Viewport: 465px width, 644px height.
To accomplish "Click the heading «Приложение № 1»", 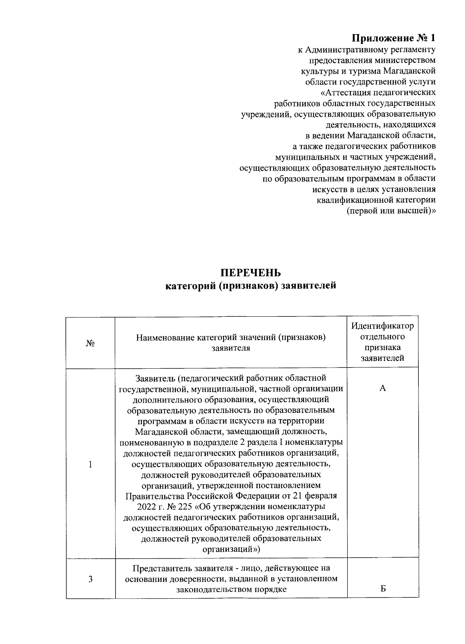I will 394,38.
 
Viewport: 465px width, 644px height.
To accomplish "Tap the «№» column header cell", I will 90,343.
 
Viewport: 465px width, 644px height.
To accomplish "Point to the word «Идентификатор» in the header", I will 382,326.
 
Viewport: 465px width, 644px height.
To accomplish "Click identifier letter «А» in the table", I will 382,388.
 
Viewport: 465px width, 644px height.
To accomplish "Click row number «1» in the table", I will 90,464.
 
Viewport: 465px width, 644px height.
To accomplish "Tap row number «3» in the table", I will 90,579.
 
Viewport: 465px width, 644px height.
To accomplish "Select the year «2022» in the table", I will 146,507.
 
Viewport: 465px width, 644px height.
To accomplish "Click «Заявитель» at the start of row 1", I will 154,378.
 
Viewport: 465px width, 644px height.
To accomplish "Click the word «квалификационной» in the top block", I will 355,200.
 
